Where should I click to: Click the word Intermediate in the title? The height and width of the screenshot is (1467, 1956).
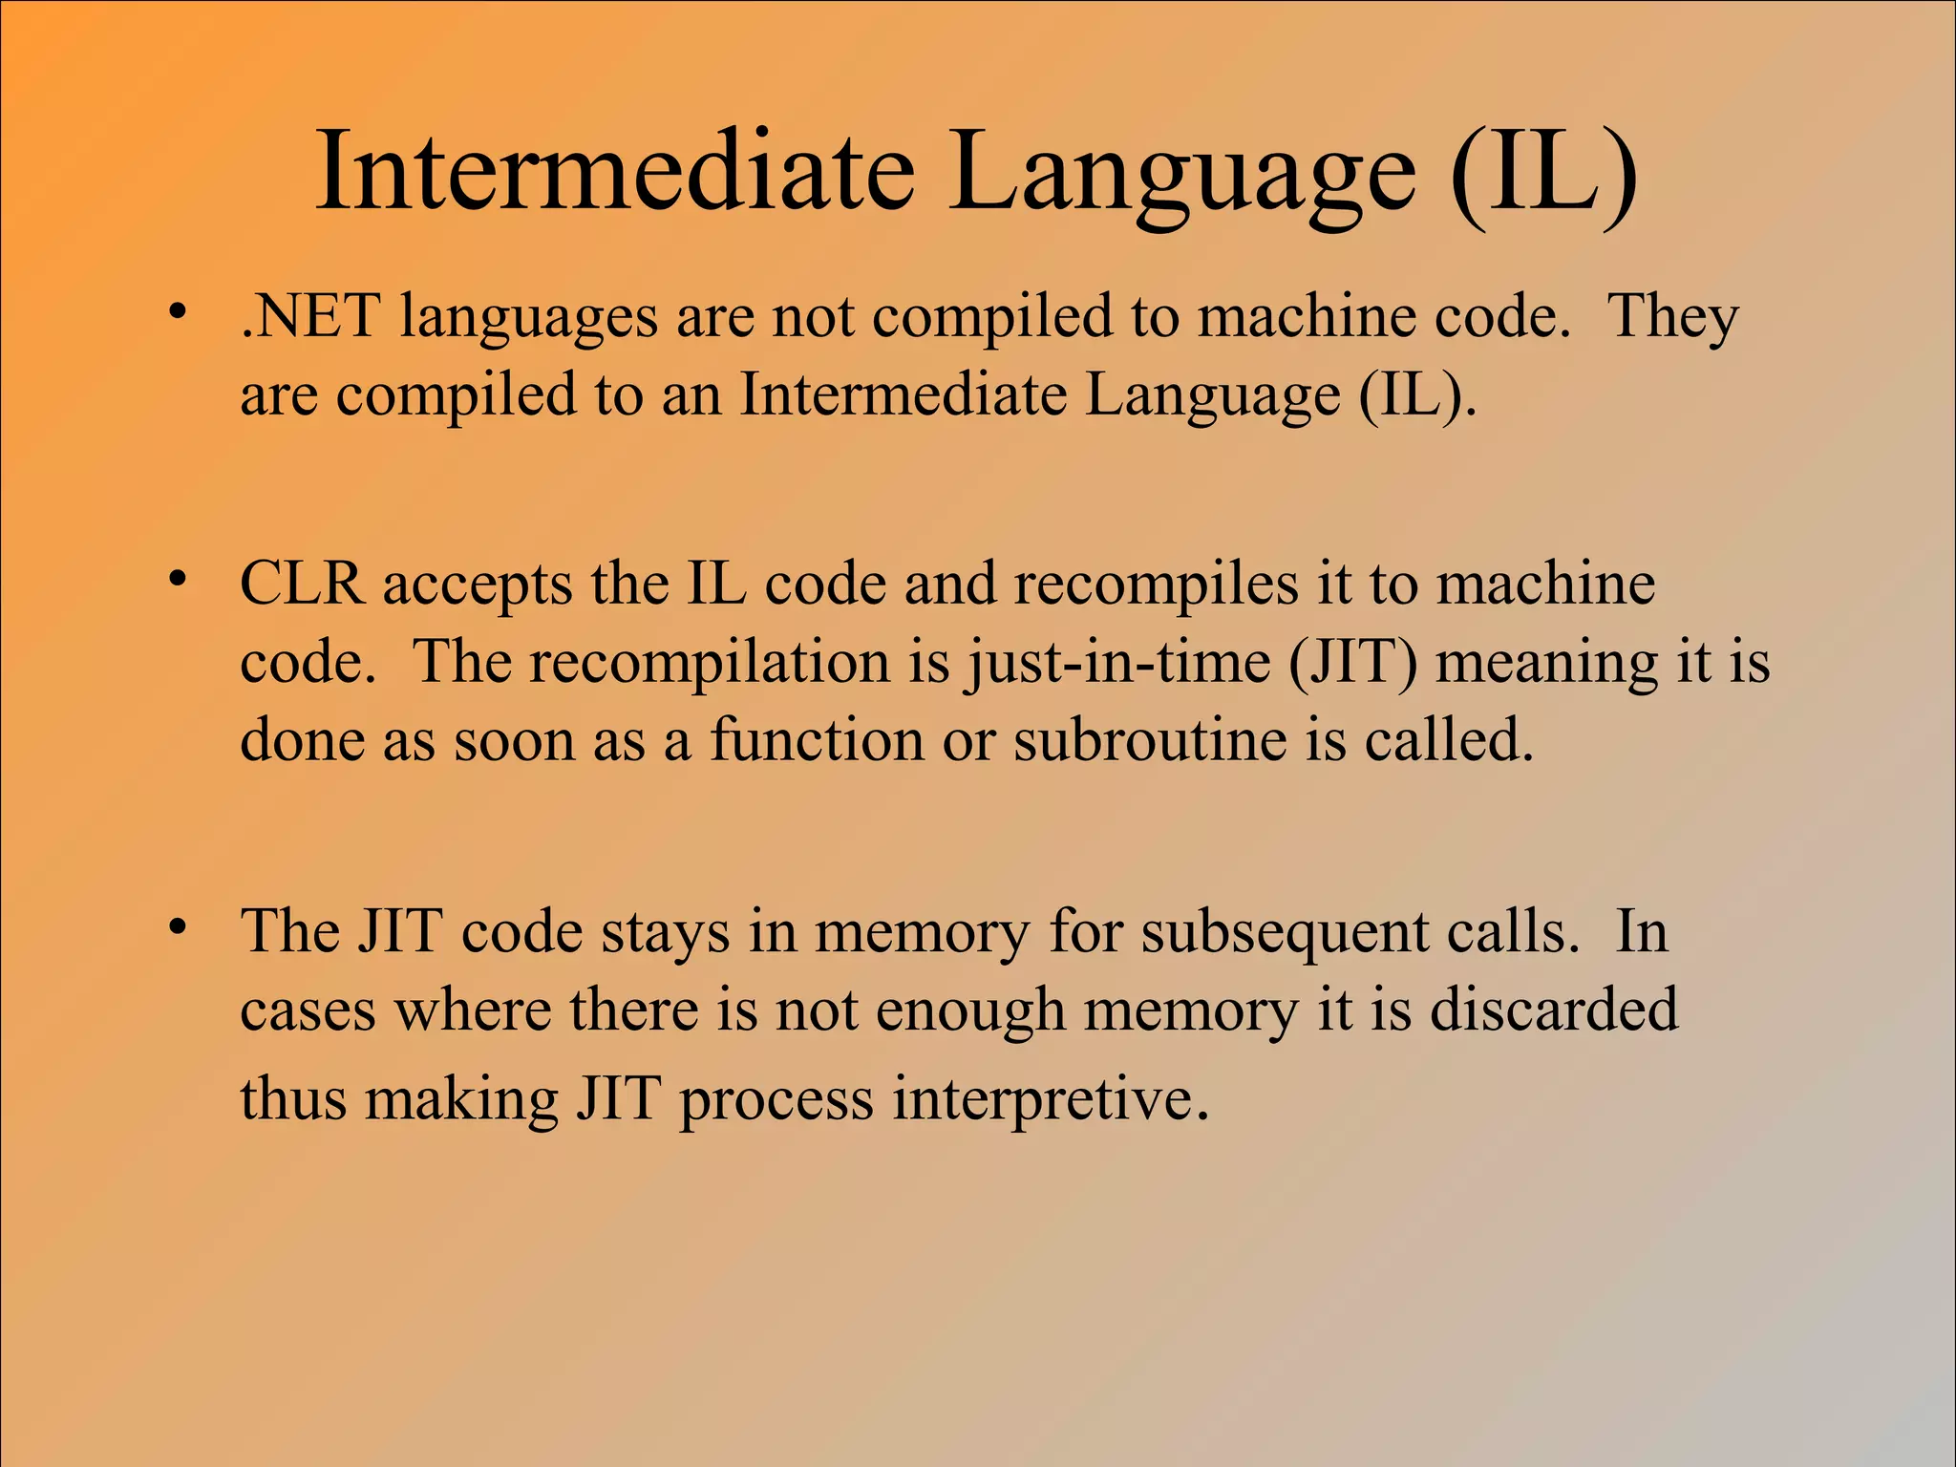coord(615,173)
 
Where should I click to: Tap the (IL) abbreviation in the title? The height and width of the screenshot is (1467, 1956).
coord(1543,173)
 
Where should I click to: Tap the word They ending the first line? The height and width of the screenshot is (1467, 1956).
coord(1673,316)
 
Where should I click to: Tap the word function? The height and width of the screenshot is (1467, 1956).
coord(817,739)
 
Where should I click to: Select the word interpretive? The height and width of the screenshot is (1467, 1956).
coord(1051,1098)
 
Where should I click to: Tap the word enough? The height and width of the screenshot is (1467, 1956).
coord(970,1010)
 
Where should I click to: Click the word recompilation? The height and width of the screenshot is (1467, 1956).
coord(710,662)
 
